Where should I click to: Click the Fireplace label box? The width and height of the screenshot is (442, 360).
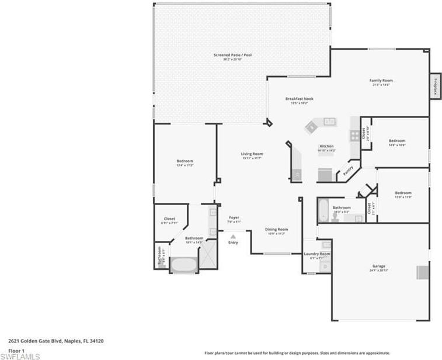[x=435, y=86]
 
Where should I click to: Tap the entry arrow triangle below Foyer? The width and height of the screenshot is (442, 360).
[x=233, y=236]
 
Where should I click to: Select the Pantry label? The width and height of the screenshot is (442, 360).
[x=349, y=171]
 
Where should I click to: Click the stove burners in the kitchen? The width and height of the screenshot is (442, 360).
[x=354, y=135]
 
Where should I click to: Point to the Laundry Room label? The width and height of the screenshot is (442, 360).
[x=317, y=254]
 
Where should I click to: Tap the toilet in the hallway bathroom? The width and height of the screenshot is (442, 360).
[x=335, y=217]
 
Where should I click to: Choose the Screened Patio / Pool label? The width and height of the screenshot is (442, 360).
[x=232, y=55]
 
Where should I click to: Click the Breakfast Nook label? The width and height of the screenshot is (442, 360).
[x=299, y=99]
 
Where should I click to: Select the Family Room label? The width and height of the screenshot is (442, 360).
[x=381, y=80]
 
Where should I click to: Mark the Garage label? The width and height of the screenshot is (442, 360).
[x=379, y=266]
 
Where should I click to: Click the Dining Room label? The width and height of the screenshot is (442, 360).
[x=276, y=230]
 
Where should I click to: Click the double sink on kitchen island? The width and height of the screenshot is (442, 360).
[x=329, y=122]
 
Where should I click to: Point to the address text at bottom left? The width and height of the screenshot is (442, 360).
[x=56, y=340]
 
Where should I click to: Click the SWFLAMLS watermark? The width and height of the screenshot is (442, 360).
[x=20, y=355]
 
